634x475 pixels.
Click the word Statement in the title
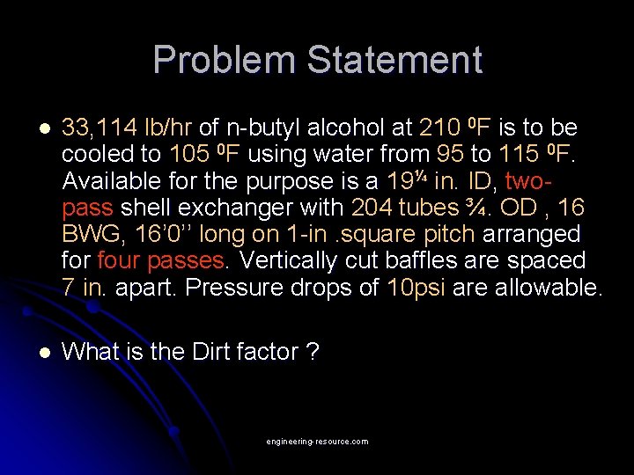[394, 60]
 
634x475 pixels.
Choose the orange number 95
[450, 155]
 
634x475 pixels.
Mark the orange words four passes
[160, 260]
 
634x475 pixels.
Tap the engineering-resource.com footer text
[317, 442]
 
